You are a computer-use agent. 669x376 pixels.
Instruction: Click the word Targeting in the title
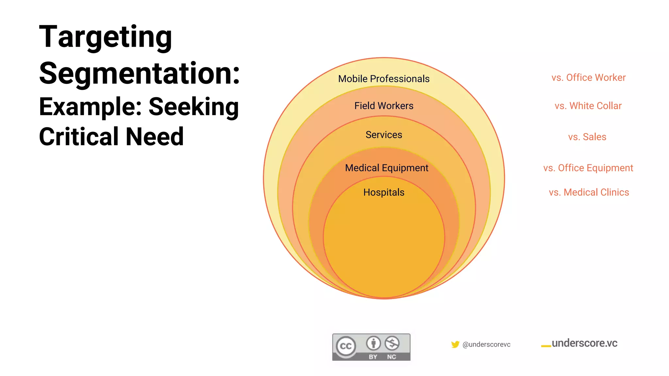pos(105,37)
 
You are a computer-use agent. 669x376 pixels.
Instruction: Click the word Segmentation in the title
pos(139,73)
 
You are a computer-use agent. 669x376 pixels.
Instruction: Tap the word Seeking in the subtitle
pos(194,107)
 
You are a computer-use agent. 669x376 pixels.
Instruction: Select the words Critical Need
pos(111,137)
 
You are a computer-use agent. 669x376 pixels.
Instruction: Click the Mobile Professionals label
pos(383,79)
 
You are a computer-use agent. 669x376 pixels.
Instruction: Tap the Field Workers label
pos(383,106)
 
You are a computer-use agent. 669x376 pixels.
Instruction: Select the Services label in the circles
pos(383,135)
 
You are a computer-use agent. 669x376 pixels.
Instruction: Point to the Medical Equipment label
pos(386,168)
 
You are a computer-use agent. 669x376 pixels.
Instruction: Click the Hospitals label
pos(383,192)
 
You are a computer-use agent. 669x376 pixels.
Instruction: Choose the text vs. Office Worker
pos(588,78)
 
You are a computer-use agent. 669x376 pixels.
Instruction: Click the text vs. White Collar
pos(588,106)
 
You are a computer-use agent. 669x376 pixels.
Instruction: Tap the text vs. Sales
pos(587,137)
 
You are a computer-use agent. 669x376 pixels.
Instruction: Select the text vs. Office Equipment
pos(588,168)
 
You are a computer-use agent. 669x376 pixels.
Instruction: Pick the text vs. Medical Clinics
pos(589,192)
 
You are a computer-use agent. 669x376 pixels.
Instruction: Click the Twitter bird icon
pos(455,344)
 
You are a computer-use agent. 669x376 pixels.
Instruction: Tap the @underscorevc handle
pos(486,344)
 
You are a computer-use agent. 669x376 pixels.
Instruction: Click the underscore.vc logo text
pos(584,343)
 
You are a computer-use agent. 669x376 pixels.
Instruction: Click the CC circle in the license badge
pos(346,346)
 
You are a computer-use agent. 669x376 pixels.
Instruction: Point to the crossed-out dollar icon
pos(392,343)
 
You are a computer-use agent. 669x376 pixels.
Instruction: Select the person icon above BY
pos(373,343)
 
